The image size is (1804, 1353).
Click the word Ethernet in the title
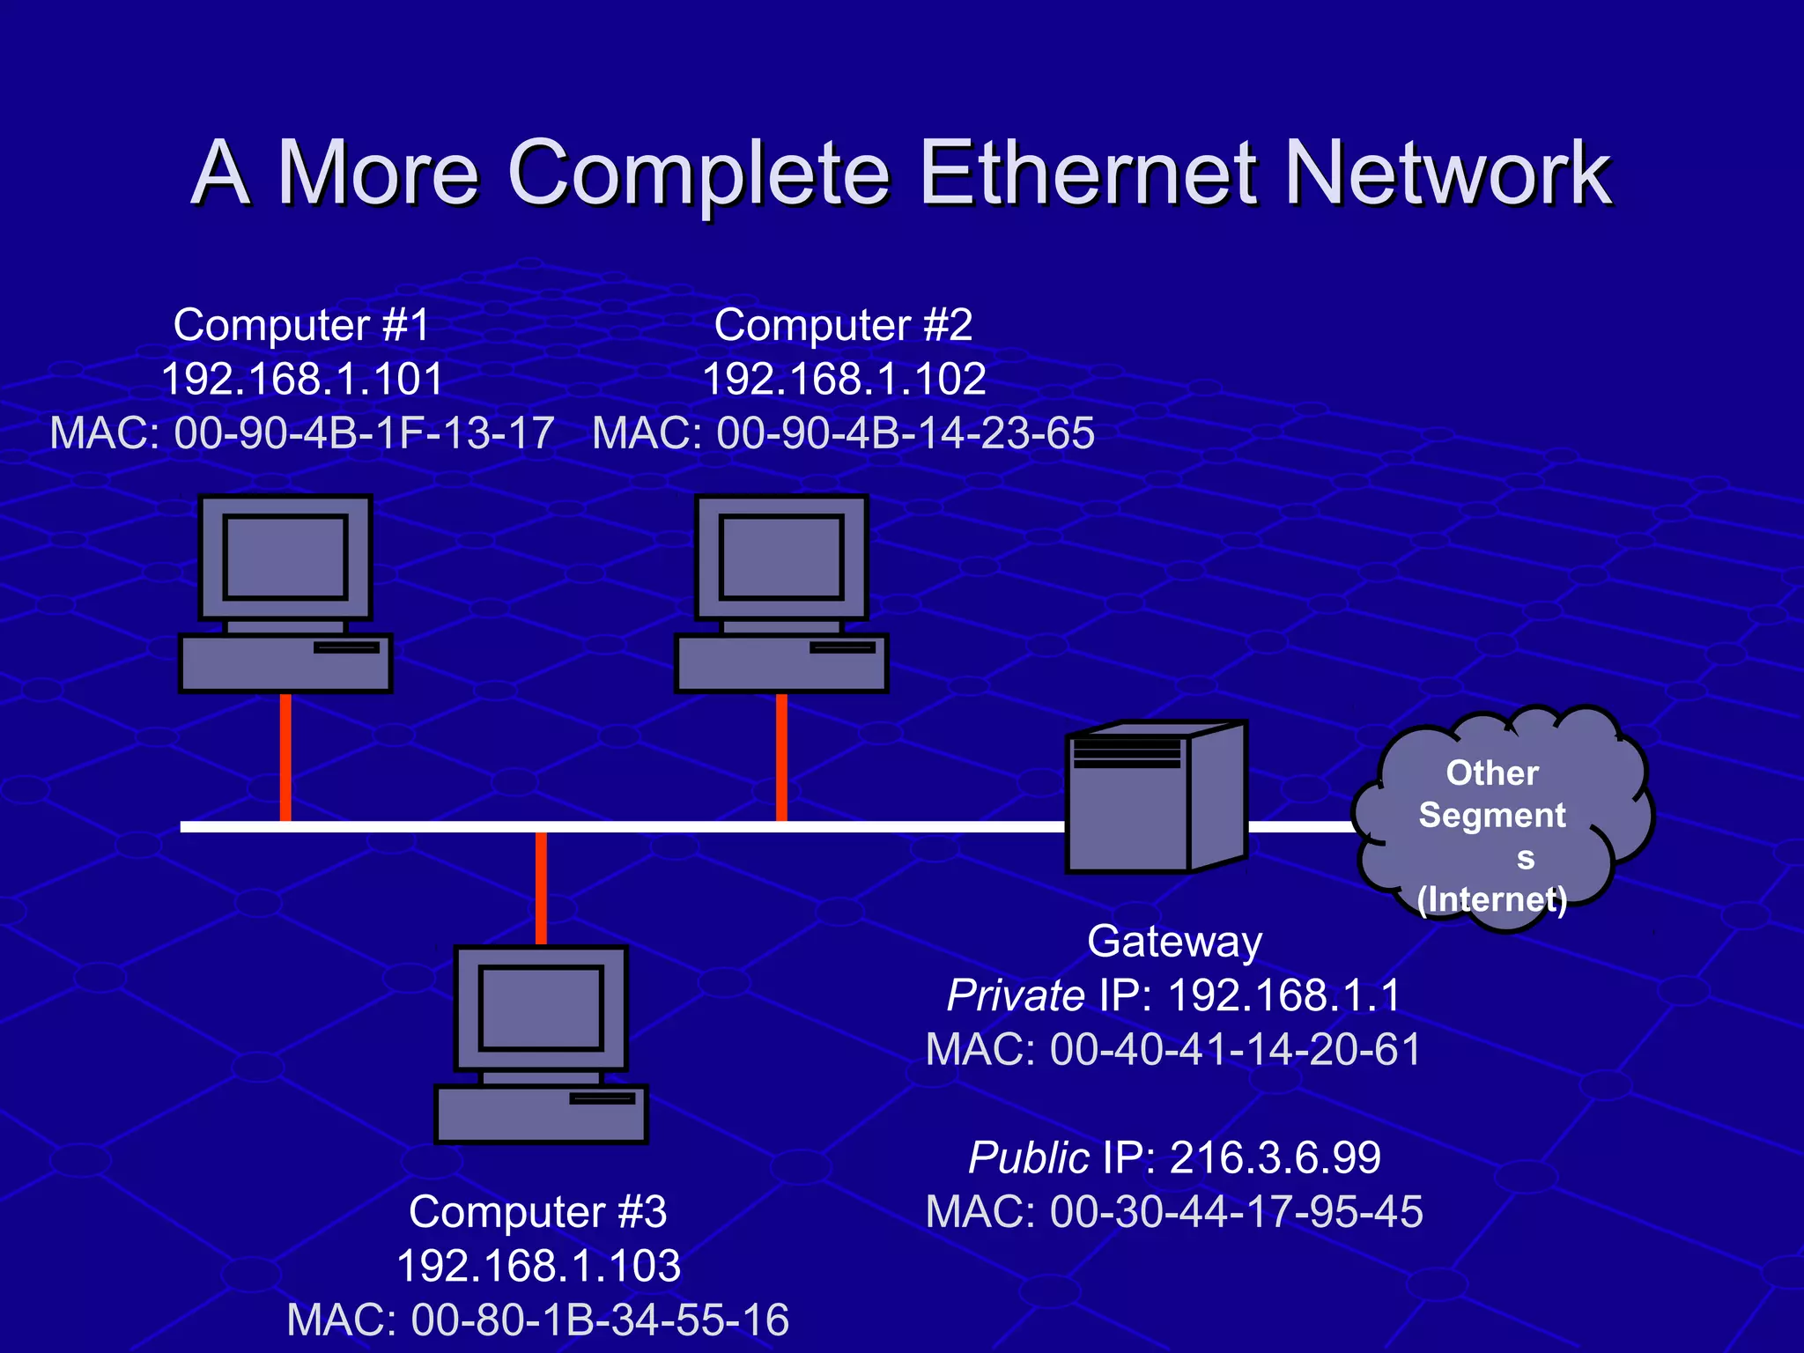[x=1086, y=174]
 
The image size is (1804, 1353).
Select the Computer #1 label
[x=301, y=325]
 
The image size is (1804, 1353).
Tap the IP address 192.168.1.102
[x=843, y=380]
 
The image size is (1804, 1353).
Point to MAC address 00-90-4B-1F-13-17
[x=364, y=433]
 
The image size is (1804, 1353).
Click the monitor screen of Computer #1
[x=285, y=557]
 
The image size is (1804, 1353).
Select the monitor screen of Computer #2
[x=780, y=557]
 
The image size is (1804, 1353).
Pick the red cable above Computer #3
[x=541, y=888]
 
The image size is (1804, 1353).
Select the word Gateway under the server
[x=1174, y=941]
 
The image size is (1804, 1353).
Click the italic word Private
[x=1015, y=996]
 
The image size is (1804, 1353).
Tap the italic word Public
[x=1028, y=1157]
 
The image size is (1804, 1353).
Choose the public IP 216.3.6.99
[x=1275, y=1157]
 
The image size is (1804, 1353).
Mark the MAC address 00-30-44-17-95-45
[x=1236, y=1212]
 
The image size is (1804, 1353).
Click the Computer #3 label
[x=537, y=1212]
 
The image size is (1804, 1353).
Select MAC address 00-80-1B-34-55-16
[x=600, y=1320]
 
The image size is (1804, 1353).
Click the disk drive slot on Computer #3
[x=602, y=1098]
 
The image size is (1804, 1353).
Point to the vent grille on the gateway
[x=1127, y=753]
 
